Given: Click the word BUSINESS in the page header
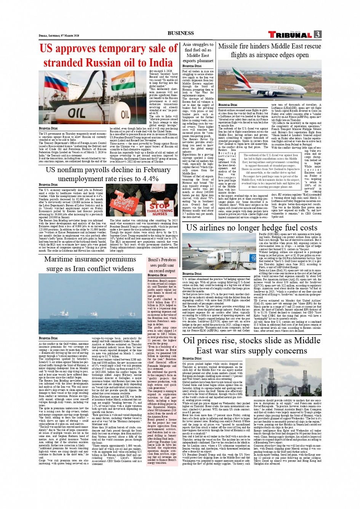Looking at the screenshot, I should [181, 33].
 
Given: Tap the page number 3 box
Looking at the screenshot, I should [318, 34].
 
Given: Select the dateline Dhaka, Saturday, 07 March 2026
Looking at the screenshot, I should [59, 35].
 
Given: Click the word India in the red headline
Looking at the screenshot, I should [160, 62].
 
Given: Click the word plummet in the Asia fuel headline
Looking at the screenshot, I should [205, 61].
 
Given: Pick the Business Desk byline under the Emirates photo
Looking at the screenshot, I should [228, 105].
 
